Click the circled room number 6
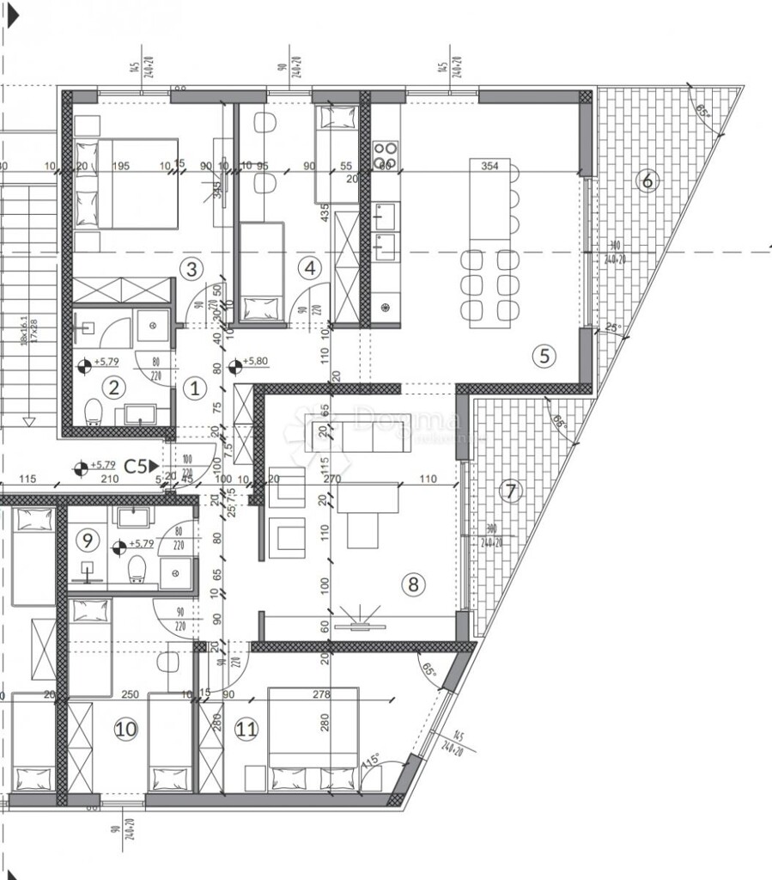pos(647,180)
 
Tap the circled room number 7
pos(510,492)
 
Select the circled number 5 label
pos(544,355)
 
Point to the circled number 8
pos(413,584)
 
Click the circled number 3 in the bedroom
pos(191,269)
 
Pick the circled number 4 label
pos(308,268)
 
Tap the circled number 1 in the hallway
pos(195,388)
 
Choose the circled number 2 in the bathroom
pos(113,388)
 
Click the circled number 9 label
pos(86,541)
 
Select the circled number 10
pos(125,729)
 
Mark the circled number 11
pos(246,730)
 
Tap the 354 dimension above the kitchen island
pos(489,166)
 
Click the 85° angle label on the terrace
pos(702,111)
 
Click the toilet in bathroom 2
pos(93,413)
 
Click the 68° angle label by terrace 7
pos(559,423)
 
